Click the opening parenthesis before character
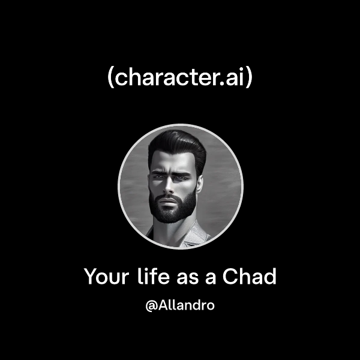(110, 79)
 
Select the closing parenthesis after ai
(248, 79)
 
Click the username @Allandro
(180, 305)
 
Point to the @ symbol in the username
(151, 306)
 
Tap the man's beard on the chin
(173, 213)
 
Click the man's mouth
(173, 199)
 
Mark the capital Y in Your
(91, 277)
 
